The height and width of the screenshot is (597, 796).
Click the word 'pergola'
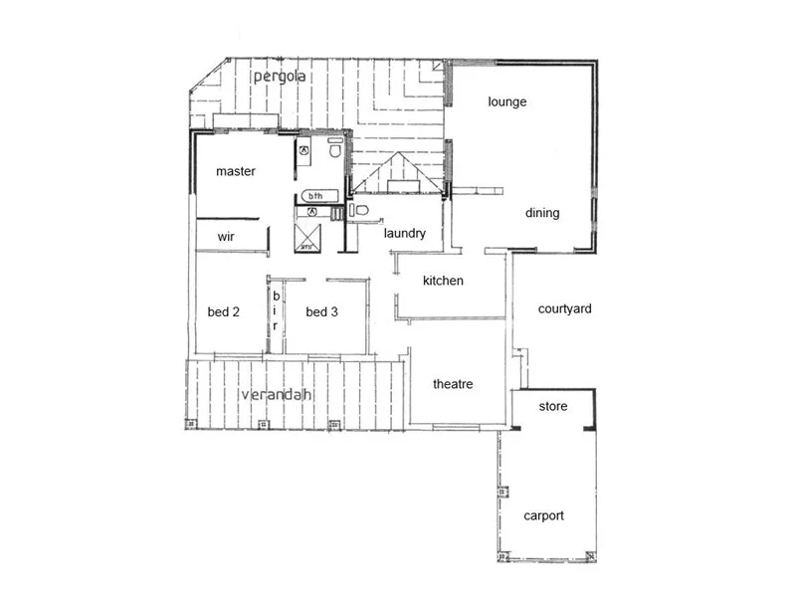pyautogui.click(x=278, y=77)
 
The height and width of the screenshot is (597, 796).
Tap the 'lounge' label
pyautogui.click(x=506, y=101)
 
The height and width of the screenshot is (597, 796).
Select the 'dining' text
pyautogui.click(x=542, y=213)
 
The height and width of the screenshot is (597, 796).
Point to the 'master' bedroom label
pyautogui.click(x=236, y=171)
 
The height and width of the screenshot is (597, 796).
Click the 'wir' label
pyautogui.click(x=226, y=238)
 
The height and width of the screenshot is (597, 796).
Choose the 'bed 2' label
pyautogui.click(x=224, y=311)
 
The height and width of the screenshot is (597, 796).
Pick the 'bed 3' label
pyautogui.click(x=321, y=311)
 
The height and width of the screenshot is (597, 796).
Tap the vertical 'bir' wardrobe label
pyautogui.click(x=276, y=310)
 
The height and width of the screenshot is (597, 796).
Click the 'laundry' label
pyautogui.click(x=405, y=234)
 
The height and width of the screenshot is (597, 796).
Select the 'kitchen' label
pyautogui.click(x=443, y=281)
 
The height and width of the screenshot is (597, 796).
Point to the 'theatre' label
pyautogui.click(x=453, y=384)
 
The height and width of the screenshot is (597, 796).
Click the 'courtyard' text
pyautogui.click(x=564, y=308)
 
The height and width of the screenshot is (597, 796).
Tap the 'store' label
pyautogui.click(x=553, y=406)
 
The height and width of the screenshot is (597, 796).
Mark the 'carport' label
pyautogui.click(x=544, y=515)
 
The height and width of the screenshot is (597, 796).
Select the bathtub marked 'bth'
pyautogui.click(x=316, y=195)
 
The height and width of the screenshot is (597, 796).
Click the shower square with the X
pyautogui.click(x=309, y=235)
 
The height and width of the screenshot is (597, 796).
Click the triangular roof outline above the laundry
pyautogui.click(x=396, y=171)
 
